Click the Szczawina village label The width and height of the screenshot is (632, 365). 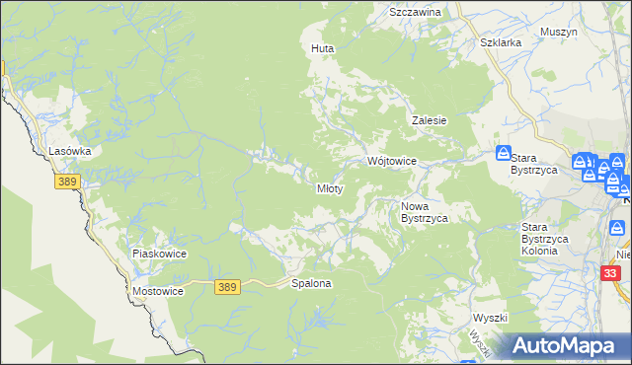click(x=415, y=12)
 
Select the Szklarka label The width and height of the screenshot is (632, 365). click(x=500, y=43)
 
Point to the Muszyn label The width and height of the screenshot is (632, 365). click(x=559, y=32)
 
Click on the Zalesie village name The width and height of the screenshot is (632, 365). click(x=430, y=120)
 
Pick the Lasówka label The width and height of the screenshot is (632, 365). click(x=70, y=151)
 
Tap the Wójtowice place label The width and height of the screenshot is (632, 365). click(x=392, y=161)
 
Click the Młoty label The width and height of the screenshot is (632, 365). click(x=330, y=188)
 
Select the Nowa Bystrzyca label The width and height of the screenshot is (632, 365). click(x=425, y=212)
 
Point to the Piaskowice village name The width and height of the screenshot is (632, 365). click(x=159, y=254)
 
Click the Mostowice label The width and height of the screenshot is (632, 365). click(x=157, y=293)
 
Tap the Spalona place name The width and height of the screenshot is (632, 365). click(x=311, y=283)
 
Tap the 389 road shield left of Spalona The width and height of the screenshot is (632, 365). click(x=227, y=286)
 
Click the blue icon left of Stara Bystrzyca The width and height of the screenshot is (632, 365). click(x=504, y=154)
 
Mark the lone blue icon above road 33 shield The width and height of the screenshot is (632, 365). click(x=619, y=229)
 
